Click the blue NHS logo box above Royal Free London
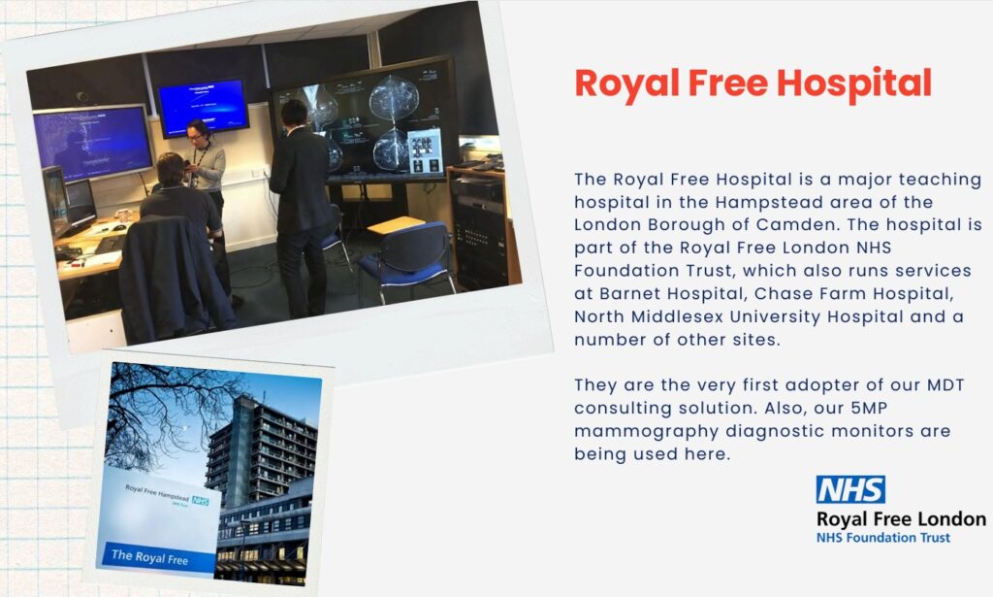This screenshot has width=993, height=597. pyautogui.click(x=850, y=489)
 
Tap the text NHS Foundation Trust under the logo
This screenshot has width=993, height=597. pyautogui.click(x=883, y=538)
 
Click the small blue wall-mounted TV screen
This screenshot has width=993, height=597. pyautogui.click(x=202, y=106)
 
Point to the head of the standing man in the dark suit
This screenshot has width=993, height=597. pyautogui.click(x=294, y=114)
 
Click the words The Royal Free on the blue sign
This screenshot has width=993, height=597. pyautogui.click(x=149, y=557)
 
